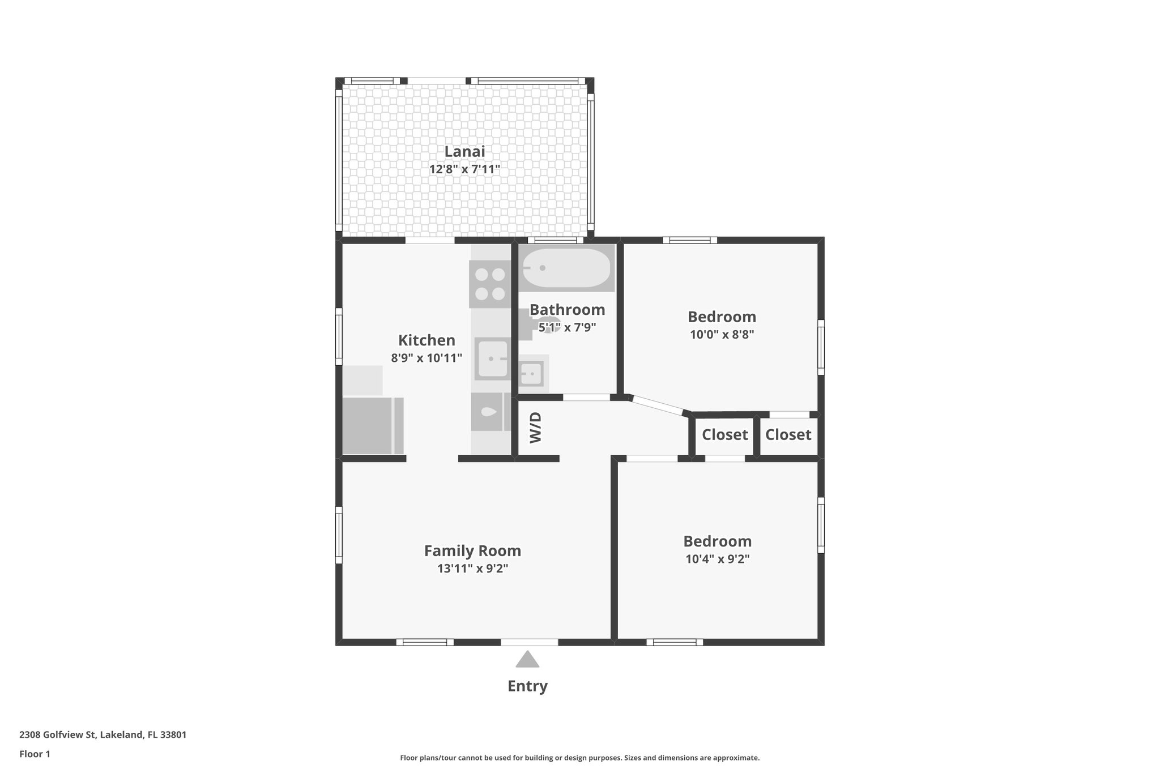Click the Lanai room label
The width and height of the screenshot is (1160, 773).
(x=464, y=152)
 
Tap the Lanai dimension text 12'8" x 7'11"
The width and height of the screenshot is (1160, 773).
(x=464, y=169)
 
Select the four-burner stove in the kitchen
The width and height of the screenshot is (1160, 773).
(x=490, y=284)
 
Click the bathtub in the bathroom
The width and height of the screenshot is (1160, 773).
(x=566, y=268)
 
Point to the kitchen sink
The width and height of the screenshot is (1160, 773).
(x=492, y=358)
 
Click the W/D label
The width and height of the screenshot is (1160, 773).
(x=536, y=428)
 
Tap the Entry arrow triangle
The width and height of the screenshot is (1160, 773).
(x=527, y=659)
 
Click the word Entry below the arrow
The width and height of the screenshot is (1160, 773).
(x=527, y=686)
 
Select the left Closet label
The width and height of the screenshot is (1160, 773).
(x=724, y=435)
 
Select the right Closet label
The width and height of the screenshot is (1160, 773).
(x=788, y=435)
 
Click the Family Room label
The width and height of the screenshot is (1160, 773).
(x=472, y=551)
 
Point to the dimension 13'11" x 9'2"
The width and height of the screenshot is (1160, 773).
(x=472, y=569)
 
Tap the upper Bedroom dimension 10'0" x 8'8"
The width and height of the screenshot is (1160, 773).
(x=722, y=335)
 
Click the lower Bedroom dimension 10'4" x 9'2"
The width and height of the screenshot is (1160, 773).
(x=717, y=560)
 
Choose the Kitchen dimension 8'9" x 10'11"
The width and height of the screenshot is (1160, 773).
(x=427, y=358)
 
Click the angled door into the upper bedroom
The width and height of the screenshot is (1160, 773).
(x=658, y=405)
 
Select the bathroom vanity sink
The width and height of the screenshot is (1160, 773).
(x=532, y=374)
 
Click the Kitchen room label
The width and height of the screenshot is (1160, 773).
(x=427, y=340)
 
